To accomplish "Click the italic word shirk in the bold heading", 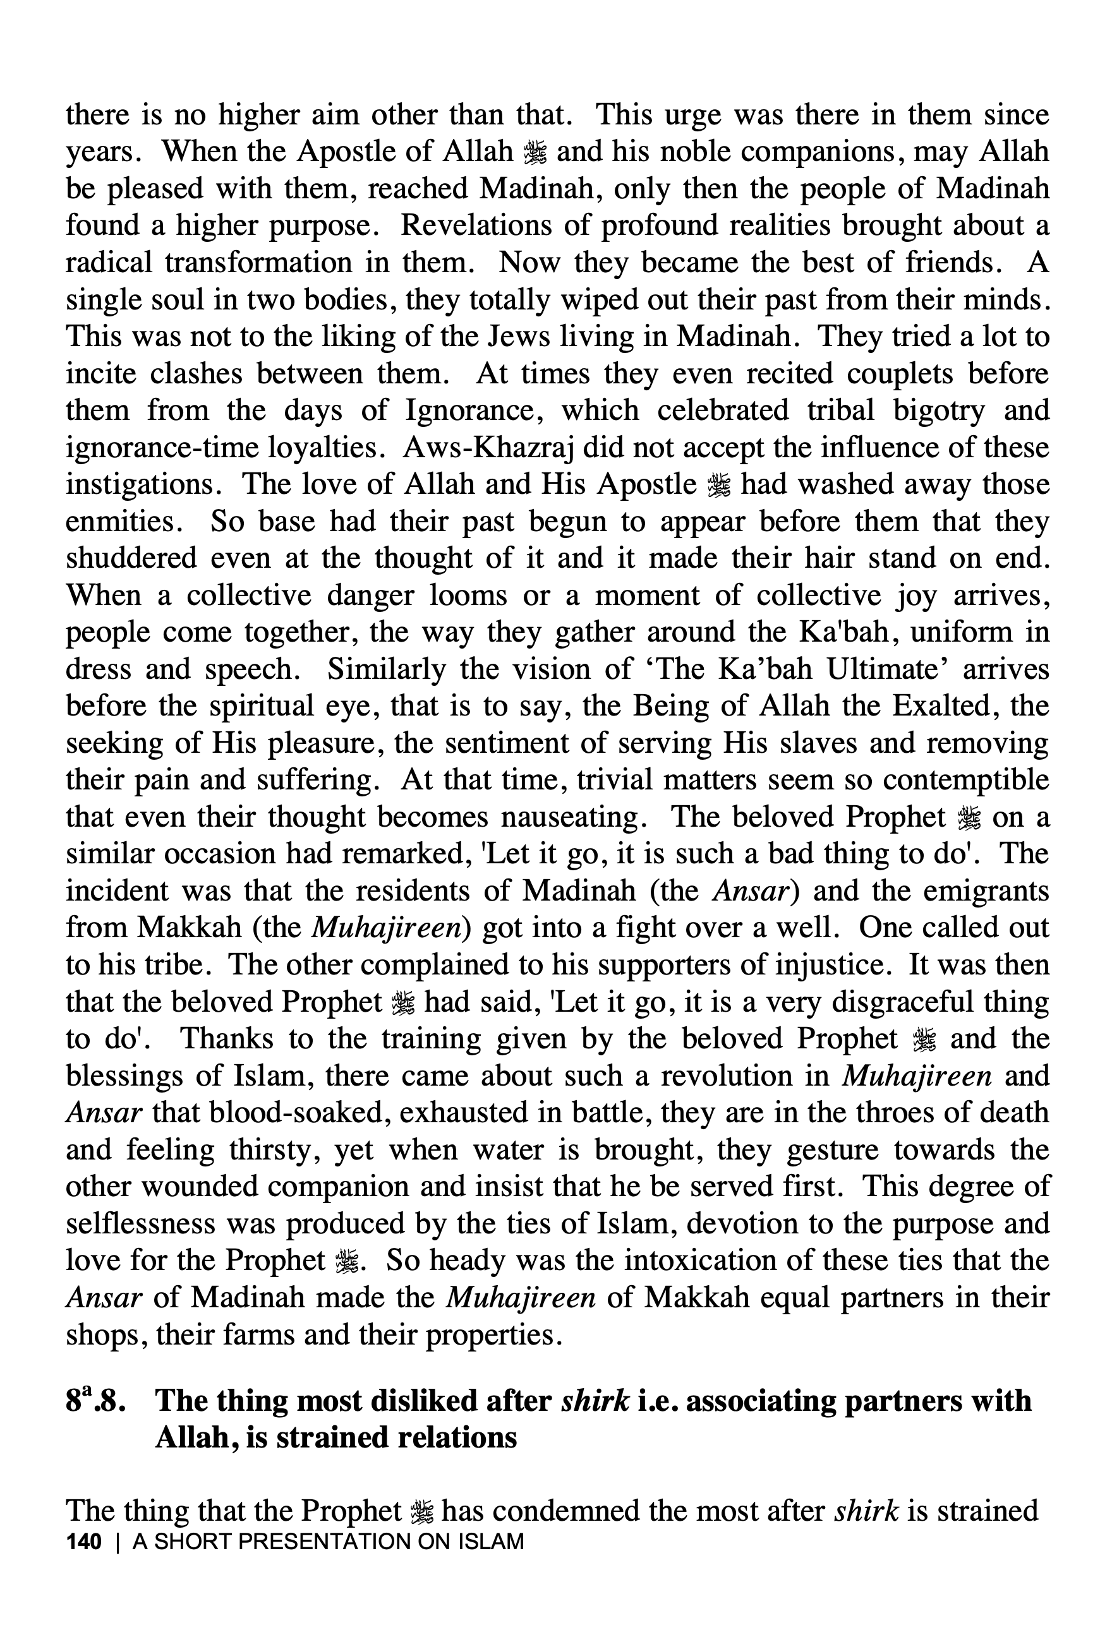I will (594, 1401).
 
